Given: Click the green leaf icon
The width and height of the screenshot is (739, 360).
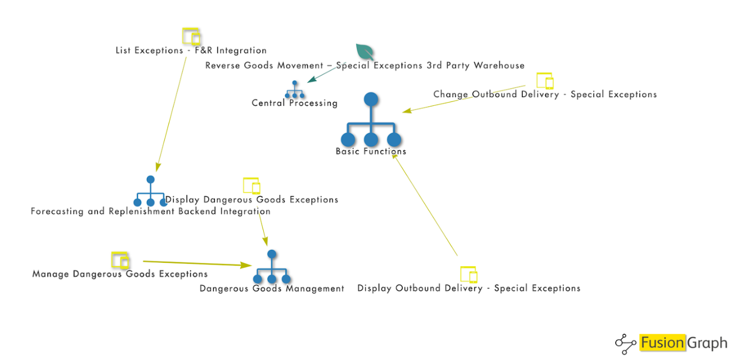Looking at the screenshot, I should pos(365,52).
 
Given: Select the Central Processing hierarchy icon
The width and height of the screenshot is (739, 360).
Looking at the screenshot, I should pos(295,90).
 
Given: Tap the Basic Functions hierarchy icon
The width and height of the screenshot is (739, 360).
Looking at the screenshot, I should pos(371,121).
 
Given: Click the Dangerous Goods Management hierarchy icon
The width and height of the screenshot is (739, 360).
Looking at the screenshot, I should pos(272,267).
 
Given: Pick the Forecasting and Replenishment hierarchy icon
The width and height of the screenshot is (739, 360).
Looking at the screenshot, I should pos(151,191).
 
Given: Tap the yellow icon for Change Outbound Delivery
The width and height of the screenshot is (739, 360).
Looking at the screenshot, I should pos(545,81).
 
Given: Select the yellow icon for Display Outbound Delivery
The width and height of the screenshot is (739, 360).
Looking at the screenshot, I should pos(468,274).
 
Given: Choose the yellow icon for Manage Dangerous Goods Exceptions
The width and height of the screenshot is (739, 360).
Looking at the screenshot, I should pos(120,260).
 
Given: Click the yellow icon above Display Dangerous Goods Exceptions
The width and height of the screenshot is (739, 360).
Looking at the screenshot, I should pos(251,185).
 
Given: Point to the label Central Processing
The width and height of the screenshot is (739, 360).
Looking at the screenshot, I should pos(294,103).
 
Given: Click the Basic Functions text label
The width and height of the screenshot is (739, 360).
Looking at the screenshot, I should pos(371,152).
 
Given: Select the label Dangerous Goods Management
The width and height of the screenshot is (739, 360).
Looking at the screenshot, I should pos(272,289).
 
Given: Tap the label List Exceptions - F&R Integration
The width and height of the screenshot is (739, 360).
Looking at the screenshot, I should pos(191,51).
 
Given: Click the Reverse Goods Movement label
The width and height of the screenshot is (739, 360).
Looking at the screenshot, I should pos(365,65).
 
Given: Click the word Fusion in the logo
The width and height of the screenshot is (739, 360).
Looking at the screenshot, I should pos(662,343).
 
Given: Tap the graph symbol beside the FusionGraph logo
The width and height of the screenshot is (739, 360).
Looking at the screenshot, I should pos(626,343).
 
